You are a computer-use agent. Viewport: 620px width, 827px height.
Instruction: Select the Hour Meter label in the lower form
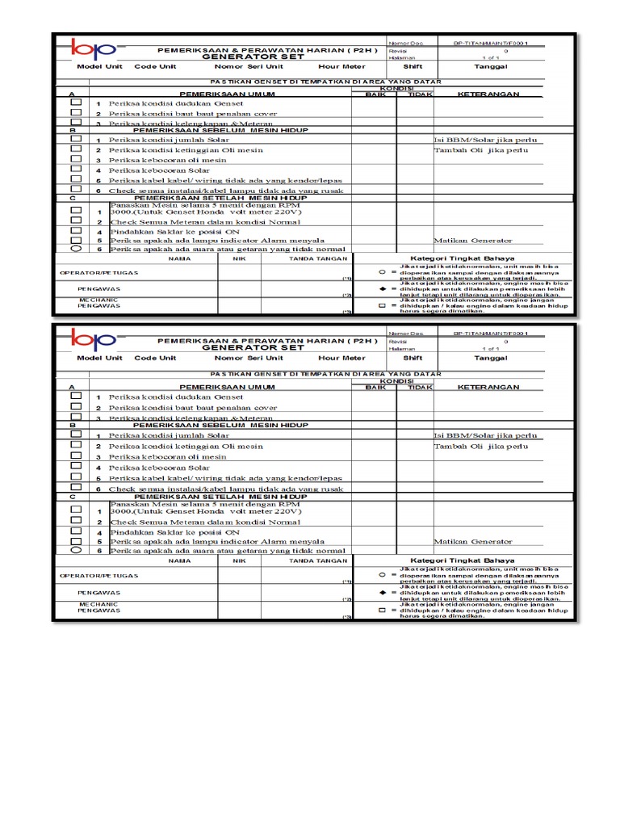[341, 358]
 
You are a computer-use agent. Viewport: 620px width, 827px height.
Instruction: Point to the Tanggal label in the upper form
[490, 67]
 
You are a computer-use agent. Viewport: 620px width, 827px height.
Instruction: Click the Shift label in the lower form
[413, 358]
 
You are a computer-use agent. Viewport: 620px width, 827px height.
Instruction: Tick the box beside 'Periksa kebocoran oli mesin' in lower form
[77, 456]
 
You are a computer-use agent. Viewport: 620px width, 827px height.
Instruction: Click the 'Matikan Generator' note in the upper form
[473, 241]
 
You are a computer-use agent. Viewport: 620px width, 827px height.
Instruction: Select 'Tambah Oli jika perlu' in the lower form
[482, 446]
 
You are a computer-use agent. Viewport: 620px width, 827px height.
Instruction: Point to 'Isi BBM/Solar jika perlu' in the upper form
[484, 141]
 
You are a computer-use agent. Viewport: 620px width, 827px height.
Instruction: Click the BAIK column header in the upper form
[376, 94]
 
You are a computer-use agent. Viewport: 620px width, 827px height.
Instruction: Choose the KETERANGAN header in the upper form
[488, 94]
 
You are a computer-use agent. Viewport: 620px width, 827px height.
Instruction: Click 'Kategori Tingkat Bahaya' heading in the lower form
[461, 560]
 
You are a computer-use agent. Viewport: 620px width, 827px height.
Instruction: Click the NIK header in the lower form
[238, 560]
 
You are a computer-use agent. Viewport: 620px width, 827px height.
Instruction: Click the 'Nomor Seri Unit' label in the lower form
[248, 358]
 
